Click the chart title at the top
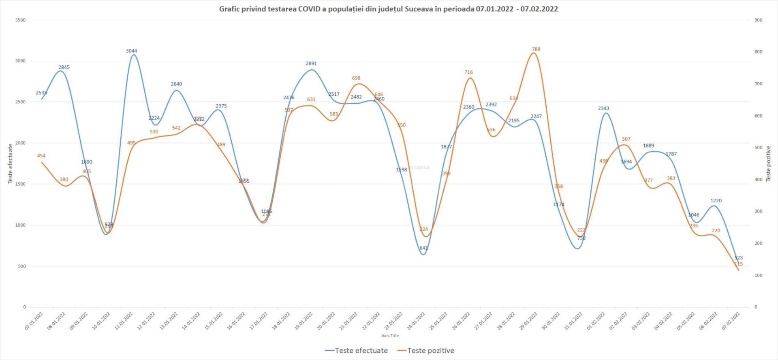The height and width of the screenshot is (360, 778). click(x=388, y=9)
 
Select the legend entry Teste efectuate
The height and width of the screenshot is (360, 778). click(x=357, y=351)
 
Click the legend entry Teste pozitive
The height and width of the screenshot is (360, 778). click(x=426, y=351)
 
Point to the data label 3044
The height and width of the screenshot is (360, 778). click(x=131, y=51)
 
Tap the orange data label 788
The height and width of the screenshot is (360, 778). click(x=536, y=49)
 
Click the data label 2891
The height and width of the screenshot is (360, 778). click(x=311, y=64)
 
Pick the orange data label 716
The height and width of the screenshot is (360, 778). click(x=468, y=72)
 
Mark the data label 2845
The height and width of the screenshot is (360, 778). click(x=64, y=67)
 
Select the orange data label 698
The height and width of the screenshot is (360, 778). click(x=356, y=78)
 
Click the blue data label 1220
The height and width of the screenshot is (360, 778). click(x=716, y=201)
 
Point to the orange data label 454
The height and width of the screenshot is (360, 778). click(x=41, y=156)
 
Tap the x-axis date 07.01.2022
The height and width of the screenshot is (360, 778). click(x=34, y=321)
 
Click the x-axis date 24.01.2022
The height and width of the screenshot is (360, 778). click(x=416, y=321)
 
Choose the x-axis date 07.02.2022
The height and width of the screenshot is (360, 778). click(x=731, y=321)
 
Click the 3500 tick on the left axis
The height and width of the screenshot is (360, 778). click(x=20, y=20)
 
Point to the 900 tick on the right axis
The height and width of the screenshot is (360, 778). click(x=758, y=20)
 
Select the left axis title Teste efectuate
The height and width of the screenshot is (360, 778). click(x=10, y=164)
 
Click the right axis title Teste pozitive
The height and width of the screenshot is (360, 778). click(x=768, y=164)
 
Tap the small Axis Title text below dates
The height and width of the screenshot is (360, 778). click(x=390, y=336)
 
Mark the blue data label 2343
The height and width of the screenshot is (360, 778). click(x=603, y=109)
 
